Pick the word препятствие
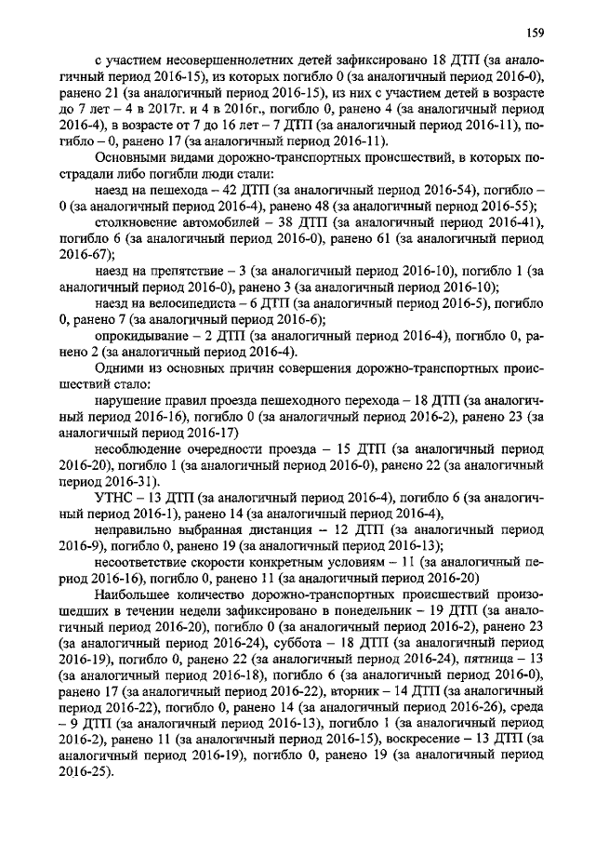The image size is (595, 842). tap(185, 269)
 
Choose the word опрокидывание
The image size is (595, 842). tap(143, 336)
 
